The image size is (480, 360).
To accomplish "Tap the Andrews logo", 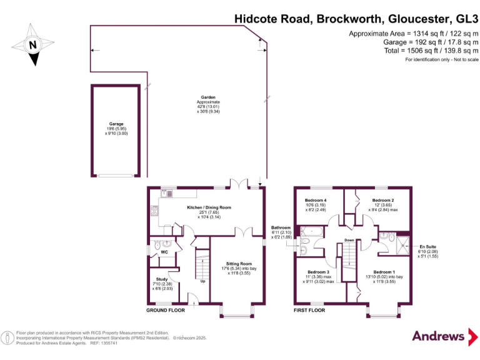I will [439, 336].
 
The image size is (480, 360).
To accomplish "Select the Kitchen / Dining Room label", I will [209, 207].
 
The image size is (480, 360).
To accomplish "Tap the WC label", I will [164, 252].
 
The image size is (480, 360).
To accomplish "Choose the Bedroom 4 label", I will [315, 201].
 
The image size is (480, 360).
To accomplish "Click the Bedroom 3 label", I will [318, 272].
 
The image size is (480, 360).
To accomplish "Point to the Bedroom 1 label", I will [384, 272].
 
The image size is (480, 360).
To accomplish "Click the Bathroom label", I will [281, 227].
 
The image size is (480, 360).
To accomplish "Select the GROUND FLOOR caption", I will [166, 310].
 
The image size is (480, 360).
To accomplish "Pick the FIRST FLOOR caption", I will [310, 310].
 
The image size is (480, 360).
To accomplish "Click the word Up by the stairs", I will [203, 281].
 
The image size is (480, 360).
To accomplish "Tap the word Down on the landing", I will [349, 239].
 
